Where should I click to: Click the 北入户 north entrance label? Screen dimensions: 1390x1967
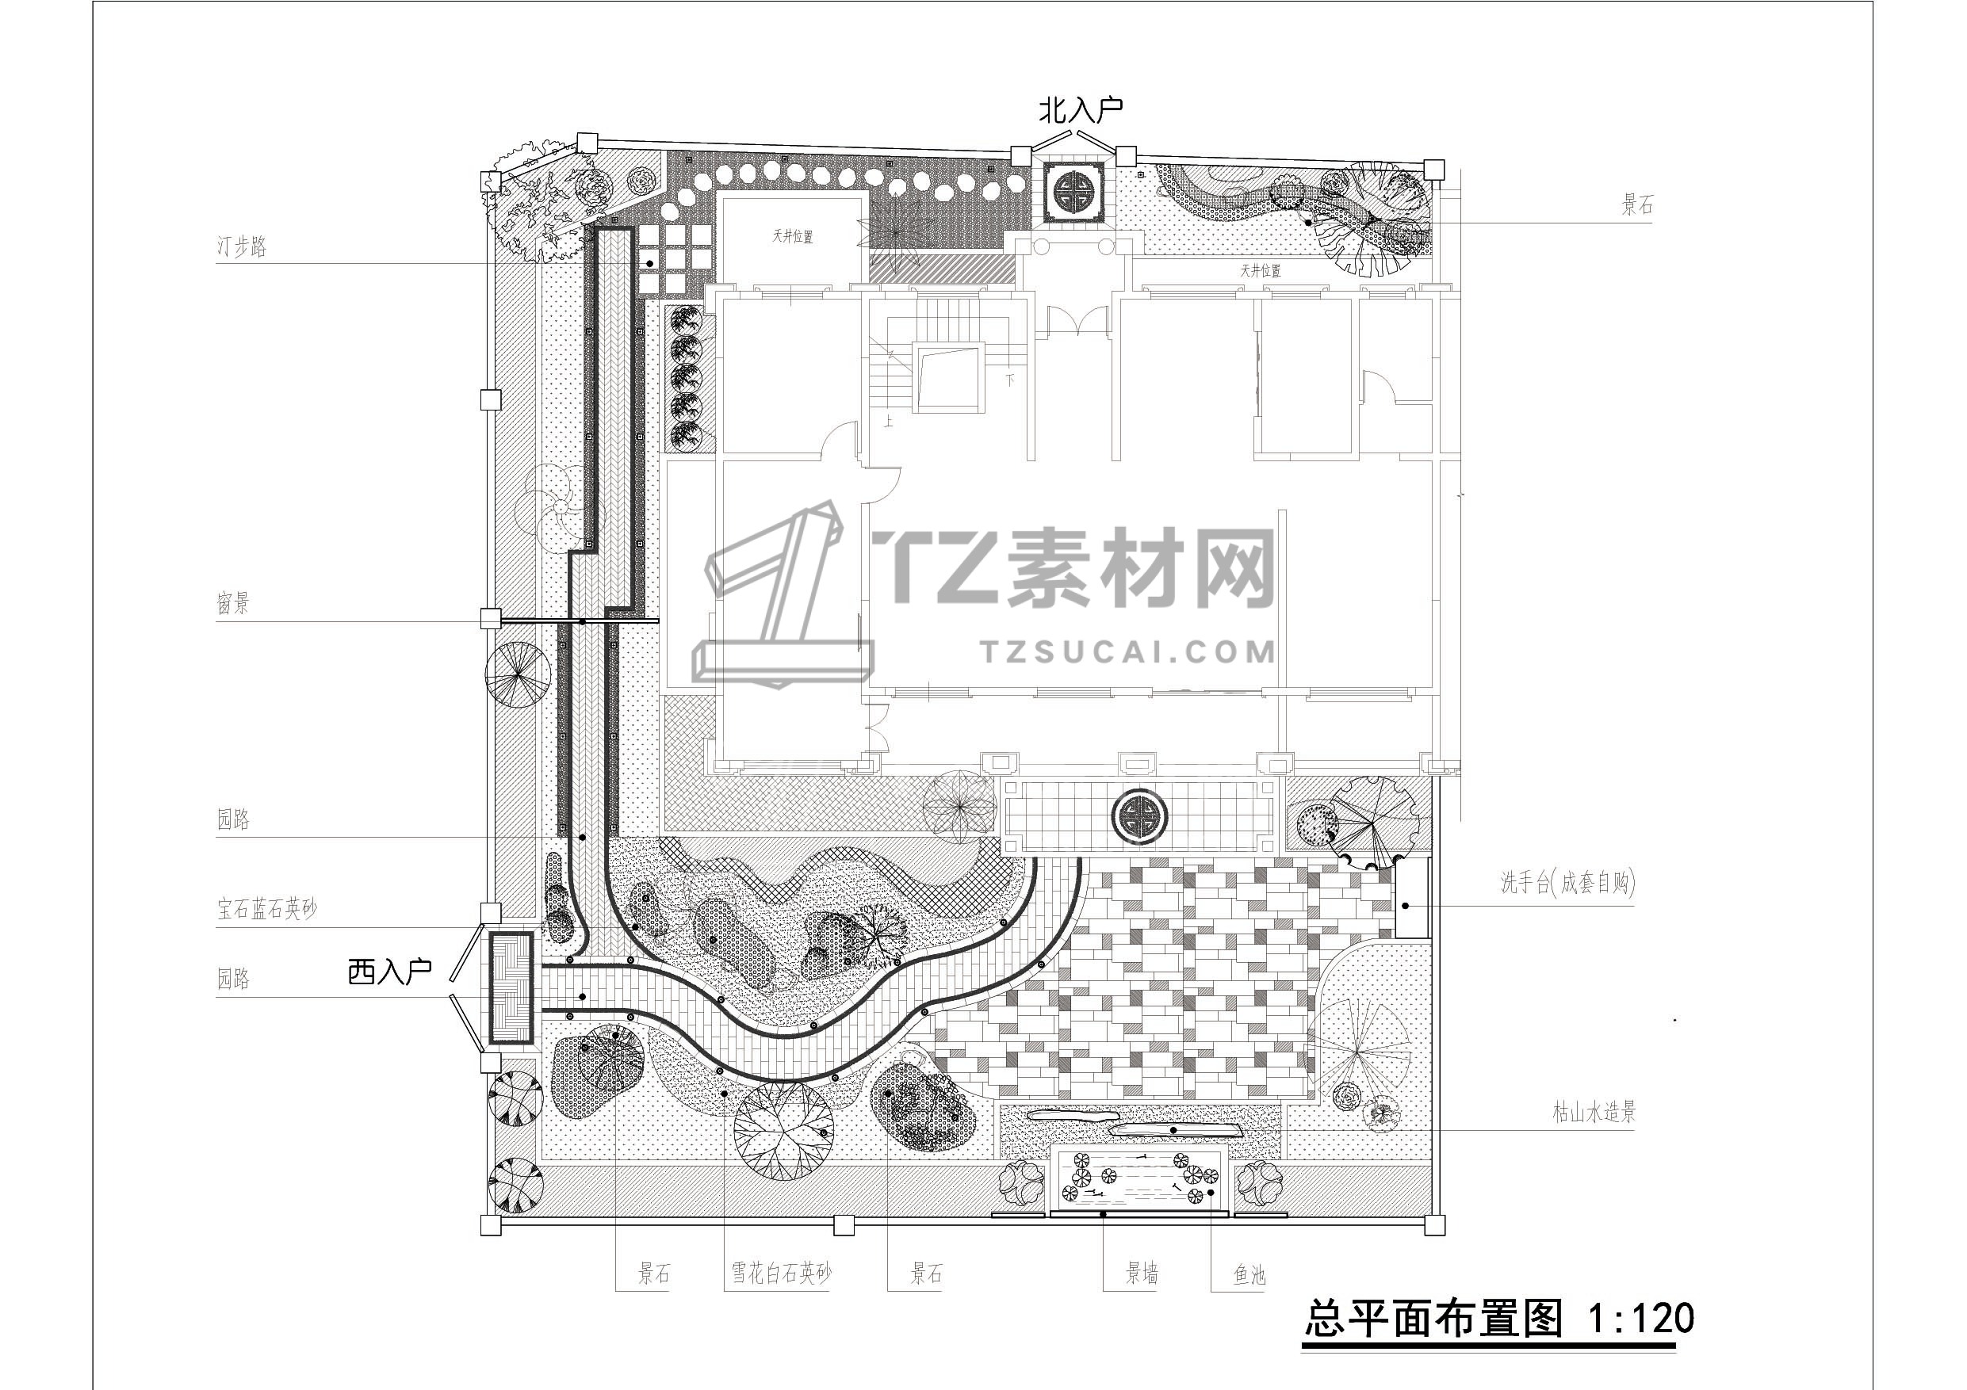1081,109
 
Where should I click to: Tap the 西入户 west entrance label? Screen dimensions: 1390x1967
389,972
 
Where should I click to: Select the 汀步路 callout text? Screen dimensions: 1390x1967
242,246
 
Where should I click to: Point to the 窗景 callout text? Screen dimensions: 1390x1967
232,604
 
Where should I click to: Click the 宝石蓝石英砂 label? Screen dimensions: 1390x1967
266,909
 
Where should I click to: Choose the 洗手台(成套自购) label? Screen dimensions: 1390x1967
1567,883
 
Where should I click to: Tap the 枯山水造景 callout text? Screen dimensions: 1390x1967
1594,1113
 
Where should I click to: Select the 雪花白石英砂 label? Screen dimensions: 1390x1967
780,1274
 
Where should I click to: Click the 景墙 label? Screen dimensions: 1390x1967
1142,1274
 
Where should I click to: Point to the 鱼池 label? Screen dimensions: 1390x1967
1249,1275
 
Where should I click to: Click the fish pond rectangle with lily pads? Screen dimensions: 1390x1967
1140,1178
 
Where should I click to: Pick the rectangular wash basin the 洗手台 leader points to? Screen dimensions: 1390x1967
1412,897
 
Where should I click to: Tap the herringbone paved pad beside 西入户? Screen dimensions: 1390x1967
511,987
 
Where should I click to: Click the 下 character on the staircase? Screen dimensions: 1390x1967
1010,378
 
